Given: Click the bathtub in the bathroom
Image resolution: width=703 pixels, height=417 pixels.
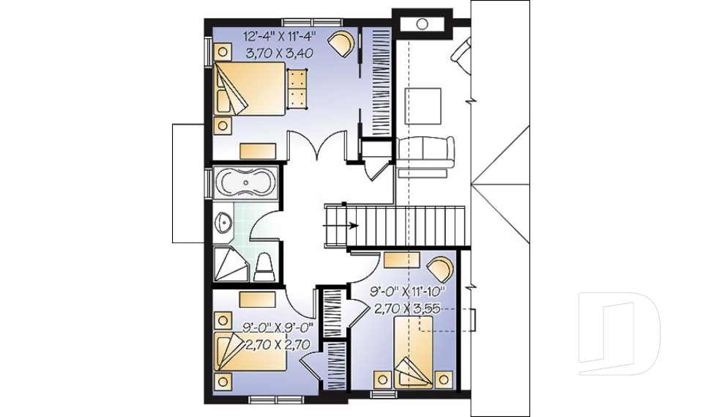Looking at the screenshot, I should pyautogui.click(x=245, y=183).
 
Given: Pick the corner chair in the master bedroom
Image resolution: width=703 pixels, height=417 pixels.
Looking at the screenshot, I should pyautogui.click(x=341, y=43).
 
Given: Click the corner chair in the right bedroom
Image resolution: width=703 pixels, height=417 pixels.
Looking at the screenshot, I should pyautogui.click(x=440, y=267).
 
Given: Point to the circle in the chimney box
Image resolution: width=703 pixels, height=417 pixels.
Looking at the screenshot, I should pyautogui.click(x=422, y=23).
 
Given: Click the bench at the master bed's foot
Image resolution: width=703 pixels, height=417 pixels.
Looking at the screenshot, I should pyautogui.click(x=297, y=88).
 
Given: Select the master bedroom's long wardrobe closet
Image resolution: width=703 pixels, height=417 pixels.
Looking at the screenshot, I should pyautogui.click(x=379, y=81).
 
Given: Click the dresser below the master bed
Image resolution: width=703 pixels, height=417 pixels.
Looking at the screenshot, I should pyautogui.click(x=258, y=151).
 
